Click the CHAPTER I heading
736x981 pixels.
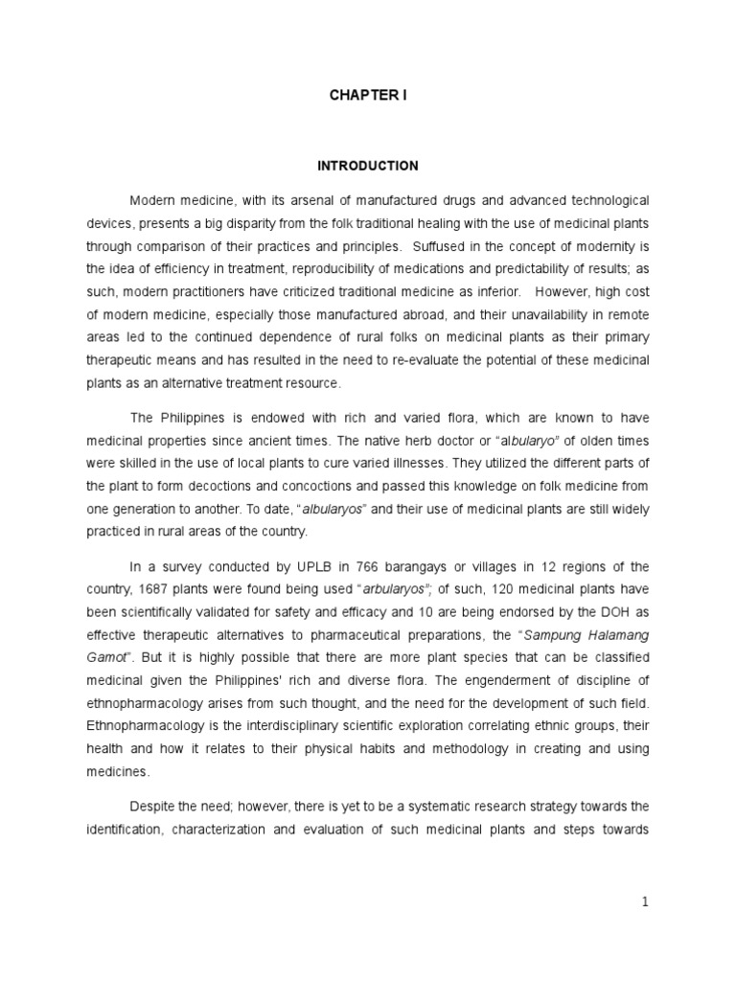tap(368, 97)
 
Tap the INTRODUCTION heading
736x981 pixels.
tap(368, 166)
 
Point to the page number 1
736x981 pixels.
tap(645, 902)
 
